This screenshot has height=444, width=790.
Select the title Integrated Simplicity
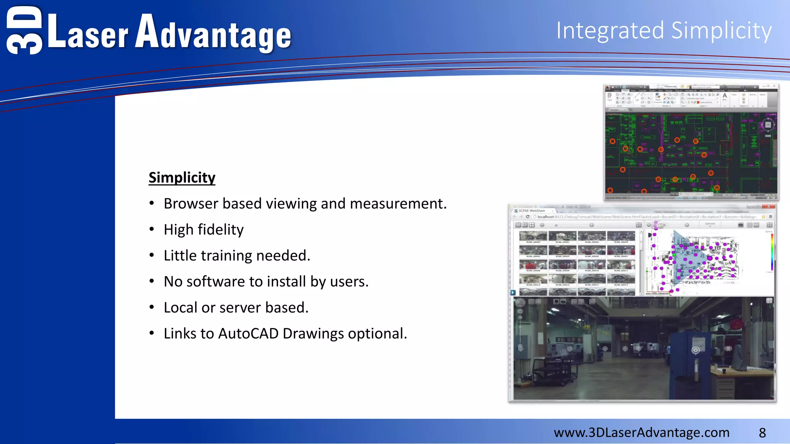(x=663, y=31)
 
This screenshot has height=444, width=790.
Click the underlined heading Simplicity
(x=182, y=178)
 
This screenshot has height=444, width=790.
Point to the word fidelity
(x=221, y=230)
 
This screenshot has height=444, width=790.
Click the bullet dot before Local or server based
(x=152, y=308)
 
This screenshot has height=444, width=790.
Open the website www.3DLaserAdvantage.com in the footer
(x=641, y=432)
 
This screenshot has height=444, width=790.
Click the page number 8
(x=762, y=433)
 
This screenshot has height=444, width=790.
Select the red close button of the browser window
(x=768, y=207)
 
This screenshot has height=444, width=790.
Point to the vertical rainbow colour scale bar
(x=772, y=252)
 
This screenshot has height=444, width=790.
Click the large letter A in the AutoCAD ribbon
(x=725, y=96)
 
